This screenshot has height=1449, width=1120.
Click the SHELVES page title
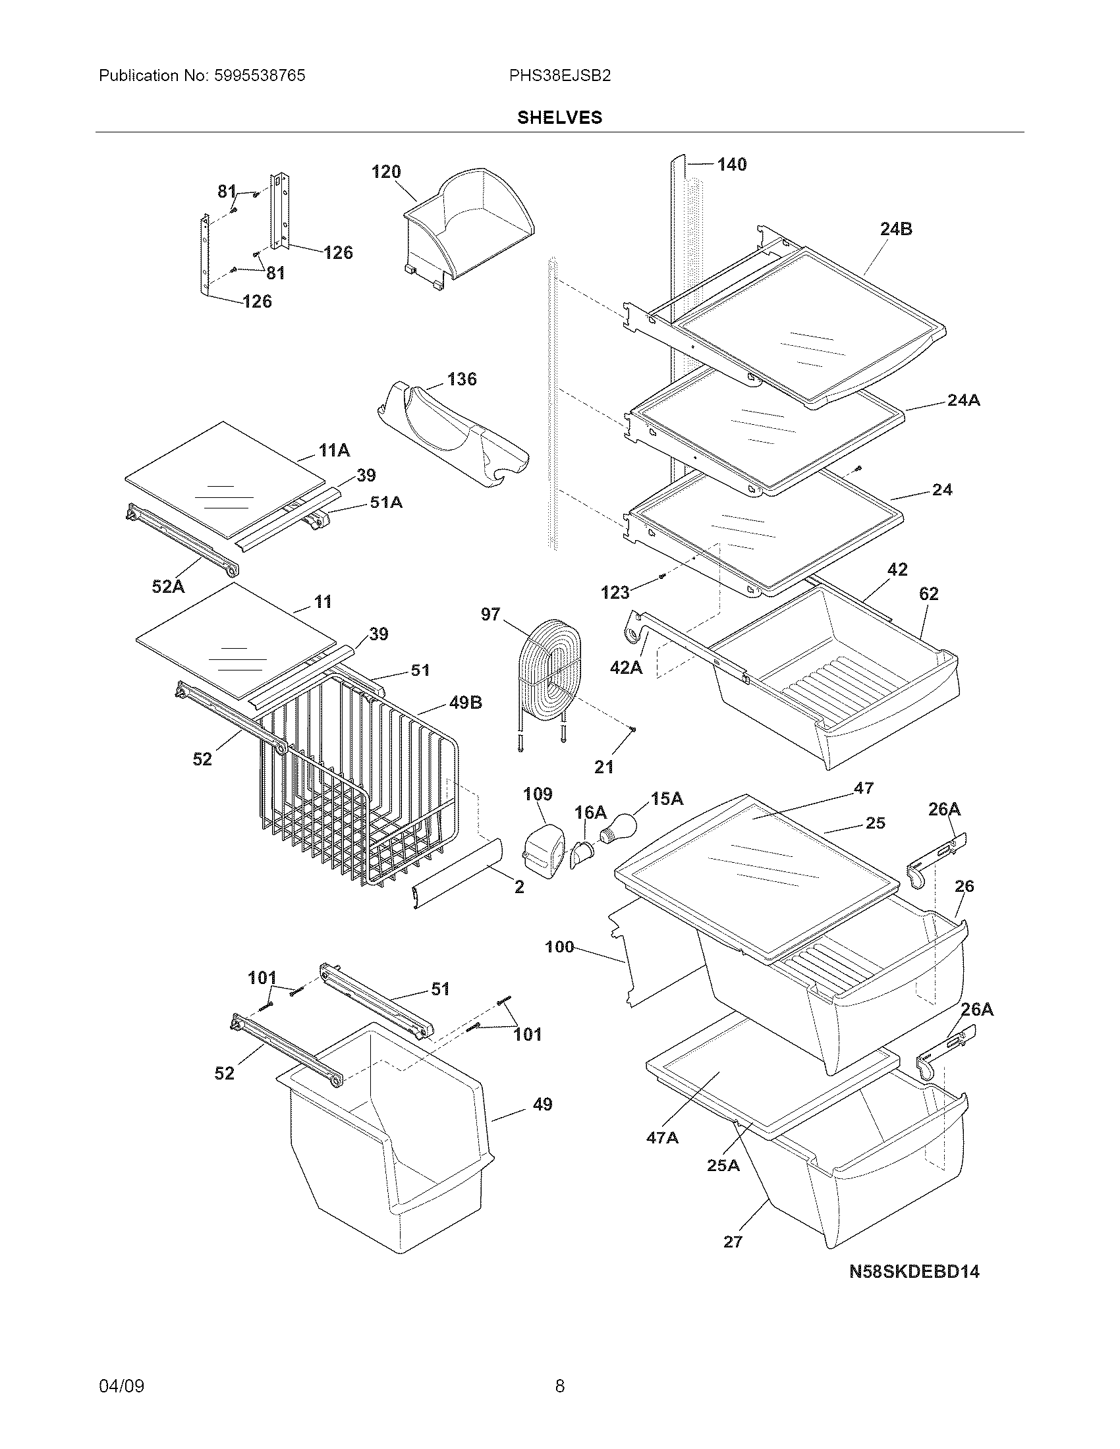pyautogui.click(x=559, y=117)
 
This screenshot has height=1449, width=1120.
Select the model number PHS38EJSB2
pyautogui.click(x=559, y=76)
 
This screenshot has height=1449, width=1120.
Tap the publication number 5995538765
pyautogui.click(x=260, y=76)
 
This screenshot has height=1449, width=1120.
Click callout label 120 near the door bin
pyautogui.click(x=386, y=172)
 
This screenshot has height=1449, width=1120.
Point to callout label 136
pyautogui.click(x=462, y=379)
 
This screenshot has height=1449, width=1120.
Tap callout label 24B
pyautogui.click(x=896, y=229)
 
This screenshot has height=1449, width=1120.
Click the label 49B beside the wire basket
pyautogui.click(x=466, y=702)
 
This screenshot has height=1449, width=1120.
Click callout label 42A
pyautogui.click(x=626, y=667)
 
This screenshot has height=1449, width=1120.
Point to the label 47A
pyautogui.click(x=662, y=1137)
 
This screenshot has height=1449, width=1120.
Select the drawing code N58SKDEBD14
pyautogui.click(x=914, y=1271)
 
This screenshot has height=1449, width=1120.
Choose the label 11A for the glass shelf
pyautogui.click(x=334, y=451)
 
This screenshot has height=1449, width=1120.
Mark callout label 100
pyautogui.click(x=559, y=946)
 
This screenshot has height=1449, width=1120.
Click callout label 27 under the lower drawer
pyautogui.click(x=733, y=1242)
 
